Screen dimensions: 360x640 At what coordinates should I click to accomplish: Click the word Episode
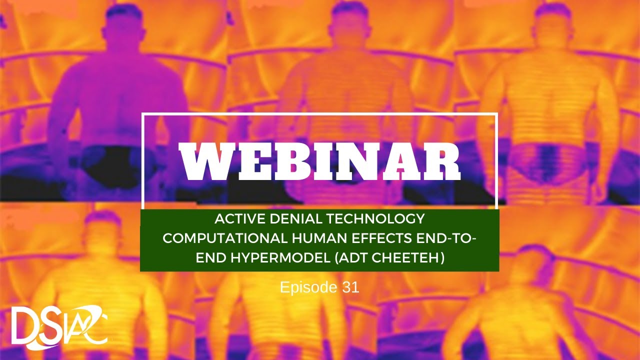(x=302, y=287)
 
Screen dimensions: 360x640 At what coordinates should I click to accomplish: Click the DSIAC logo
(x=59, y=326)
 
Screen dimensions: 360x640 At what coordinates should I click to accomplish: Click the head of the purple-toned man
(x=122, y=22)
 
